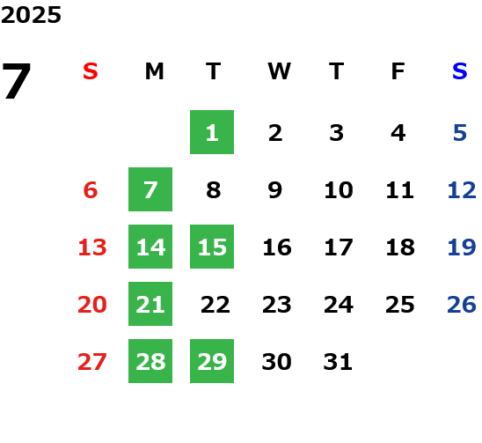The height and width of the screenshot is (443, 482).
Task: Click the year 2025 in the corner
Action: coord(31,15)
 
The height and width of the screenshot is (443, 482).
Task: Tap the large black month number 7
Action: coord(17,81)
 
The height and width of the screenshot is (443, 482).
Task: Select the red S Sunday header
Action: coord(91,71)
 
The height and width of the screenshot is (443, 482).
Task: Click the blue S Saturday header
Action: coord(459,71)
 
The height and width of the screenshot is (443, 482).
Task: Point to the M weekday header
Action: coord(154,71)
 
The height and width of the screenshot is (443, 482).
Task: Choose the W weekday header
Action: coord(279,71)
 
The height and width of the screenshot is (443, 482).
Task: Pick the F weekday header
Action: coord(398,71)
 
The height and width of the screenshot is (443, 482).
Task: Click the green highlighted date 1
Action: coord(212,132)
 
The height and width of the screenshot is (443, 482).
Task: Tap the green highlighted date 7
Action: coord(150,189)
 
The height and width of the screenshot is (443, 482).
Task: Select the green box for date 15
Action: coord(212,247)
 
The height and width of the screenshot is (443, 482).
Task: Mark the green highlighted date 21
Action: coord(150,304)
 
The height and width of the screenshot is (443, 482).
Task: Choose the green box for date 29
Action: coord(212,361)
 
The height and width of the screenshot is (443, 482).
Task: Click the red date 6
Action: coord(91,190)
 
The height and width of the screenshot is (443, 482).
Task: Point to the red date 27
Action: coord(91,362)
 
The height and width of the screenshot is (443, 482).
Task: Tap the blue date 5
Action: coord(460,133)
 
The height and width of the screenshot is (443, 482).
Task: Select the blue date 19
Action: coord(462,247)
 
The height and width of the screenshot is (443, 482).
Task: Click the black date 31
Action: coord(338,362)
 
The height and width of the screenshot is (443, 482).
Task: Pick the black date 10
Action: coord(339,190)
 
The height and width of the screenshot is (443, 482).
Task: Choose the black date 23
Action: coord(277,305)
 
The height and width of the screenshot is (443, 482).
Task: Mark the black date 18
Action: coord(400,247)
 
